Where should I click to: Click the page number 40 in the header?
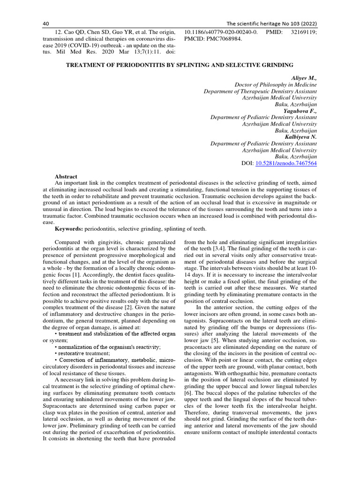point(46,23)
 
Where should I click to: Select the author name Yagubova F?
point(300,111)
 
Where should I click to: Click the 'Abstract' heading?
point(66,176)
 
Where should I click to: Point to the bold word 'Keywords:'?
point(69,229)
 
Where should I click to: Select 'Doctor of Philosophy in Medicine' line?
point(276,84)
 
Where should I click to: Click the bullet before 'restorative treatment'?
point(56,353)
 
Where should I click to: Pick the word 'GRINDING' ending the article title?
point(276,65)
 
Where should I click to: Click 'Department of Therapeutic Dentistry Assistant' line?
point(260,91)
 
